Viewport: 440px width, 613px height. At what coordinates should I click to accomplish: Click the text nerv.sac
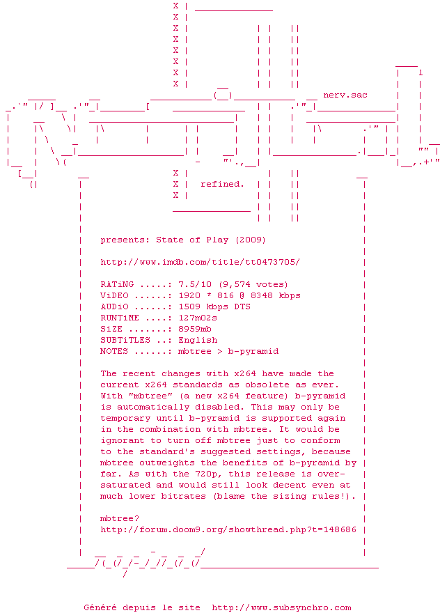(x=345, y=95)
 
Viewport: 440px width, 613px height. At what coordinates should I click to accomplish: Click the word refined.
(x=223, y=184)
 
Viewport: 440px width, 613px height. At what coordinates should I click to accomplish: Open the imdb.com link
(x=201, y=262)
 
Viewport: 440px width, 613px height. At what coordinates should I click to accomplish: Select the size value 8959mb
(x=195, y=329)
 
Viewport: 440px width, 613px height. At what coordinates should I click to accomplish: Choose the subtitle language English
(x=198, y=340)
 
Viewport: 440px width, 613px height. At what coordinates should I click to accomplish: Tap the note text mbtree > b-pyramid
(x=228, y=351)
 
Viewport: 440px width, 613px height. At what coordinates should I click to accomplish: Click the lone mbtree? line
(x=120, y=518)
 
